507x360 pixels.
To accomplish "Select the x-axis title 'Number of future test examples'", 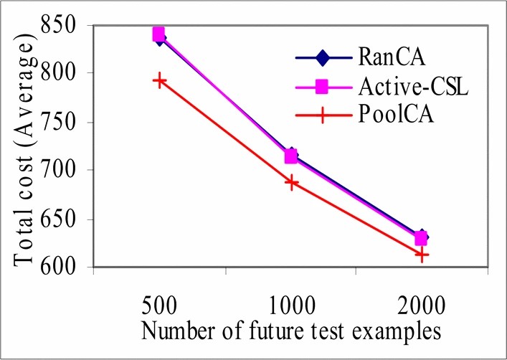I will [291, 331].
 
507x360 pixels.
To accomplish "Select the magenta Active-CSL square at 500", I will [158, 34].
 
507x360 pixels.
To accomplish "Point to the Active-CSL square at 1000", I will [290, 156].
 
